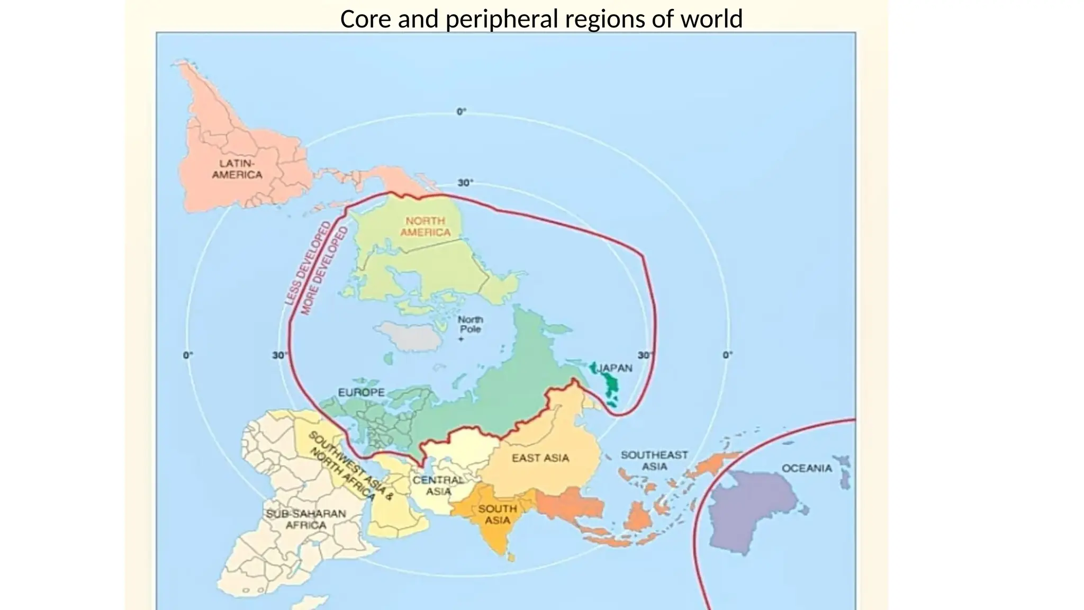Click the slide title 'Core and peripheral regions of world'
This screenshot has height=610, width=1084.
coord(541,19)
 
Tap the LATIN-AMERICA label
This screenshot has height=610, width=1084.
coord(237,169)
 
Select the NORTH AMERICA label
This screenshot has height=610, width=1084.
coord(425,227)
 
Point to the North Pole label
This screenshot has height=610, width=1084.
coord(470,324)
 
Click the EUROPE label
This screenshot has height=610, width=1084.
coord(362,392)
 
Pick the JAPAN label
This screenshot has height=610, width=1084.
coord(615,368)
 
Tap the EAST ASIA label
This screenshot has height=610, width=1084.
coord(540,458)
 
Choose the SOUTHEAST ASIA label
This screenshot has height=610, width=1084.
coord(654,461)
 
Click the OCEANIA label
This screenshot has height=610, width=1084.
coord(807,468)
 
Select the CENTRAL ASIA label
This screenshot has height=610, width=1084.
coord(438,486)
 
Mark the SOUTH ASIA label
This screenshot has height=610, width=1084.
coord(498,514)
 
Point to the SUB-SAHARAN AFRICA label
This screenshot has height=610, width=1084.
coord(306,519)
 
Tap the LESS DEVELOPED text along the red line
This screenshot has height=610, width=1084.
coord(308,263)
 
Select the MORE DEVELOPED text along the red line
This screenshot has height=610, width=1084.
coord(324,271)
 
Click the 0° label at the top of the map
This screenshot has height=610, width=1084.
coord(462,112)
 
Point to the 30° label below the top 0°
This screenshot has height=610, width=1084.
coord(465,183)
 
